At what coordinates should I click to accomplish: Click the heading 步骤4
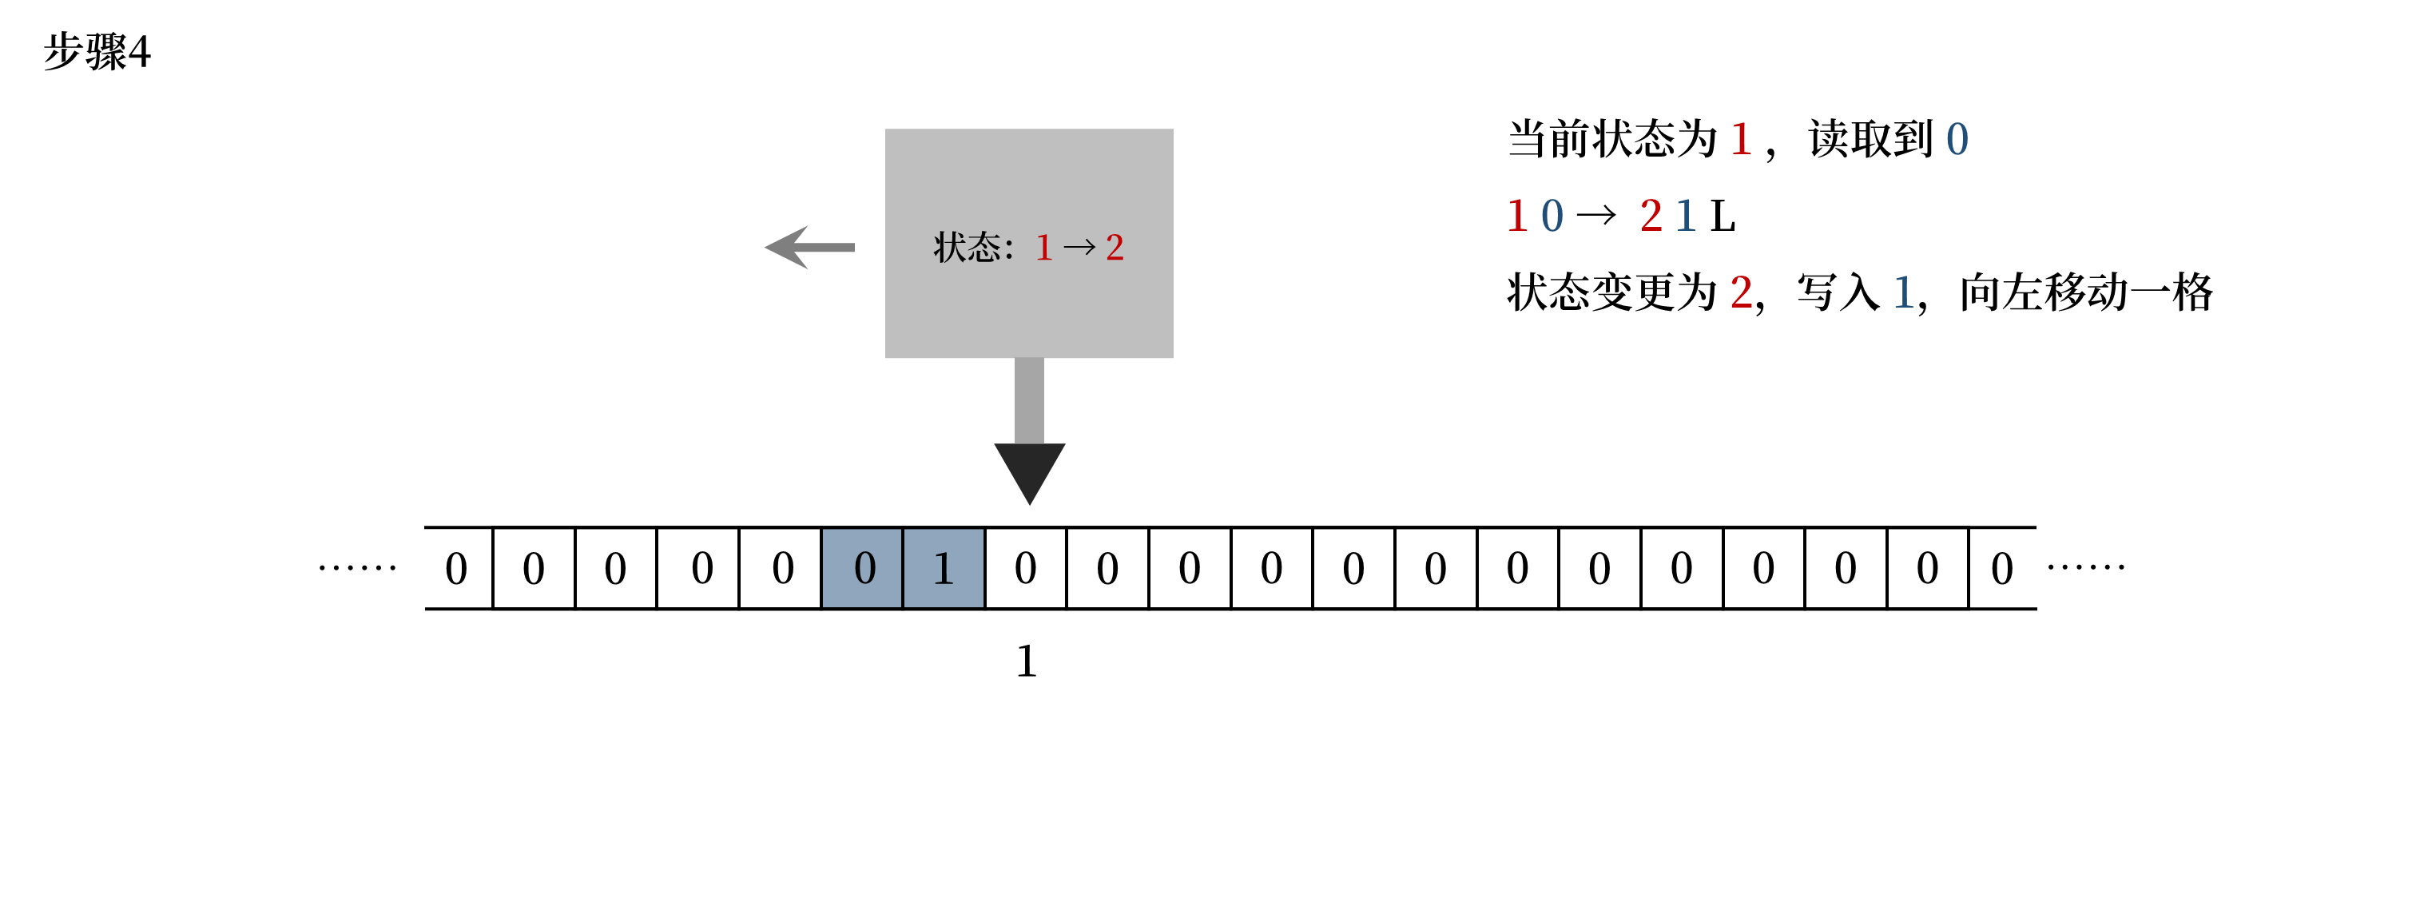pyautogui.click(x=97, y=52)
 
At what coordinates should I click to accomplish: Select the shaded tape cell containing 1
pyautogui.click(x=944, y=568)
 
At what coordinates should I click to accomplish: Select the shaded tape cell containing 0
pyautogui.click(x=863, y=568)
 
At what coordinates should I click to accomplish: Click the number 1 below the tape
pyautogui.click(x=1027, y=662)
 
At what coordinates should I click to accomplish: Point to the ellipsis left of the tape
pyautogui.click(x=357, y=567)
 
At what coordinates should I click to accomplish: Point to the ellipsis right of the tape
pyautogui.click(x=2086, y=566)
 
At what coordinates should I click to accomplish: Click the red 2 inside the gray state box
pyautogui.click(x=1115, y=248)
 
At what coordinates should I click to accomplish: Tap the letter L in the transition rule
pyautogui.click(x=1722, y=217)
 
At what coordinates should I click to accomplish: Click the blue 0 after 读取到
pyautogui.click(x=1957, y=140)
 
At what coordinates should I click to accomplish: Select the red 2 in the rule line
pyautogui.click(x=1651, y=217)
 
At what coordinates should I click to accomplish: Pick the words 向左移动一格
pyautogui.click(x=2086, y=292)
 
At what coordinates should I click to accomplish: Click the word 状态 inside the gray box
pyautogui.click(x=967, y=248)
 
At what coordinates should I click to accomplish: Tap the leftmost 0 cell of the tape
pyautogui.click(x=457, y=568)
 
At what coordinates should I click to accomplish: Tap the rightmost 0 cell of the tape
pyautogui.click(x=2002, y=568)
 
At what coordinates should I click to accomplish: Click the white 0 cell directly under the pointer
pyautogui.click(x=1026, y=568)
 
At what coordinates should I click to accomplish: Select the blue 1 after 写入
pyautogui.click(x=1903, y=292)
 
